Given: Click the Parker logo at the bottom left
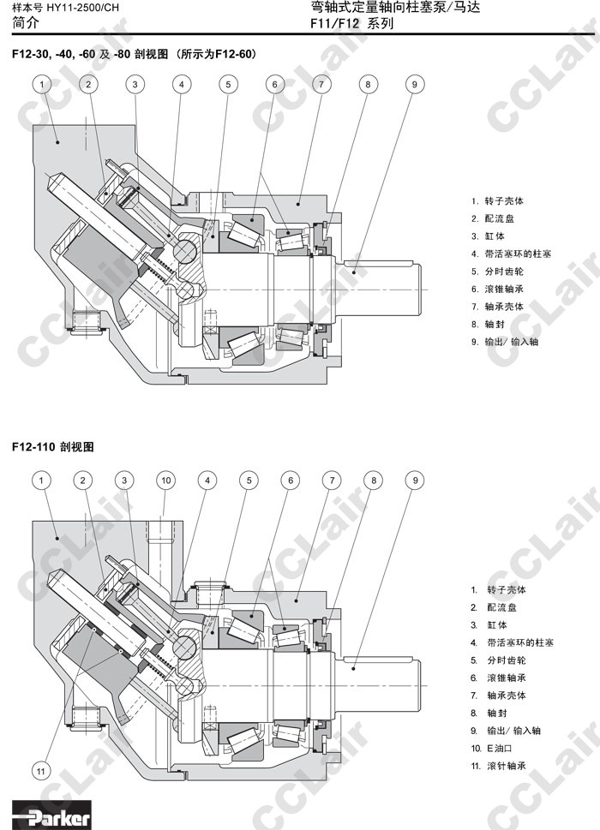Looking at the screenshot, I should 51,816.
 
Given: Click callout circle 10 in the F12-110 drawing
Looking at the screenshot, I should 165,481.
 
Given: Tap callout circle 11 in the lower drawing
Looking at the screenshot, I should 41,771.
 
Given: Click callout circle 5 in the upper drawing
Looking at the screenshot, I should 227,84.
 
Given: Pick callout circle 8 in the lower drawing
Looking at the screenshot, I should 374,481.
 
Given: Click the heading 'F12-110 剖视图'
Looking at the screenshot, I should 52,446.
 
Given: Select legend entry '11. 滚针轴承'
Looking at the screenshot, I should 498,766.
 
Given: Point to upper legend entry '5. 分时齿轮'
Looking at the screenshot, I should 498,271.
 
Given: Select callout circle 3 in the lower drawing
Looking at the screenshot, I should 124,481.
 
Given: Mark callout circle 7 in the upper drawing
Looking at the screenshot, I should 321,84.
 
